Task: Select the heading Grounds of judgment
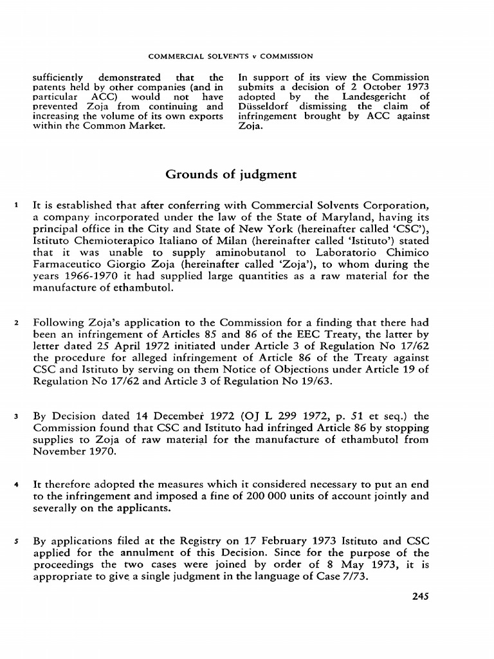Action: (x=231, y=174)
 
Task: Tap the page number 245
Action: (x=420, y=596)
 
